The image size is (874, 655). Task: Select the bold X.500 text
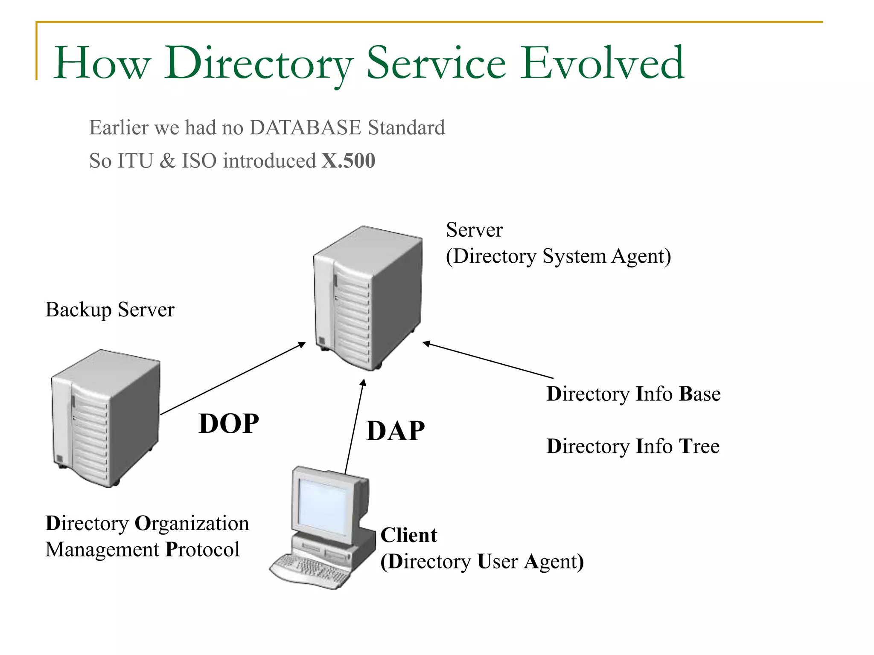[x=348, y=161]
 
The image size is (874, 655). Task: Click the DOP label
[x=229, y=423]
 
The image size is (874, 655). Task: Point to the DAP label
[x=395, y=431]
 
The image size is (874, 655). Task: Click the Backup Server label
[x=110, y=310]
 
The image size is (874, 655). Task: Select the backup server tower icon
[x=105, y=418]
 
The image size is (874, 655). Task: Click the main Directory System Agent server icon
[x=368, y=299]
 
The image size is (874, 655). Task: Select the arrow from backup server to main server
[x=233, y=378]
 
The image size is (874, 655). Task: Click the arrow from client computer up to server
[x=354, y=426]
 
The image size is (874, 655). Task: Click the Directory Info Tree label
[x=633, y=446]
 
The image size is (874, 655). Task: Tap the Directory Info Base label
[x=633, y=394]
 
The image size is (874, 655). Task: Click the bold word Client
[x=408, y=535]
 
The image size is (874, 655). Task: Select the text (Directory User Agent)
[x=482, y=562]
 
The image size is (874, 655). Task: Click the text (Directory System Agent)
[x=558, y=256]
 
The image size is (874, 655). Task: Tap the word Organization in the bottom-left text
[x=192, y=524]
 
